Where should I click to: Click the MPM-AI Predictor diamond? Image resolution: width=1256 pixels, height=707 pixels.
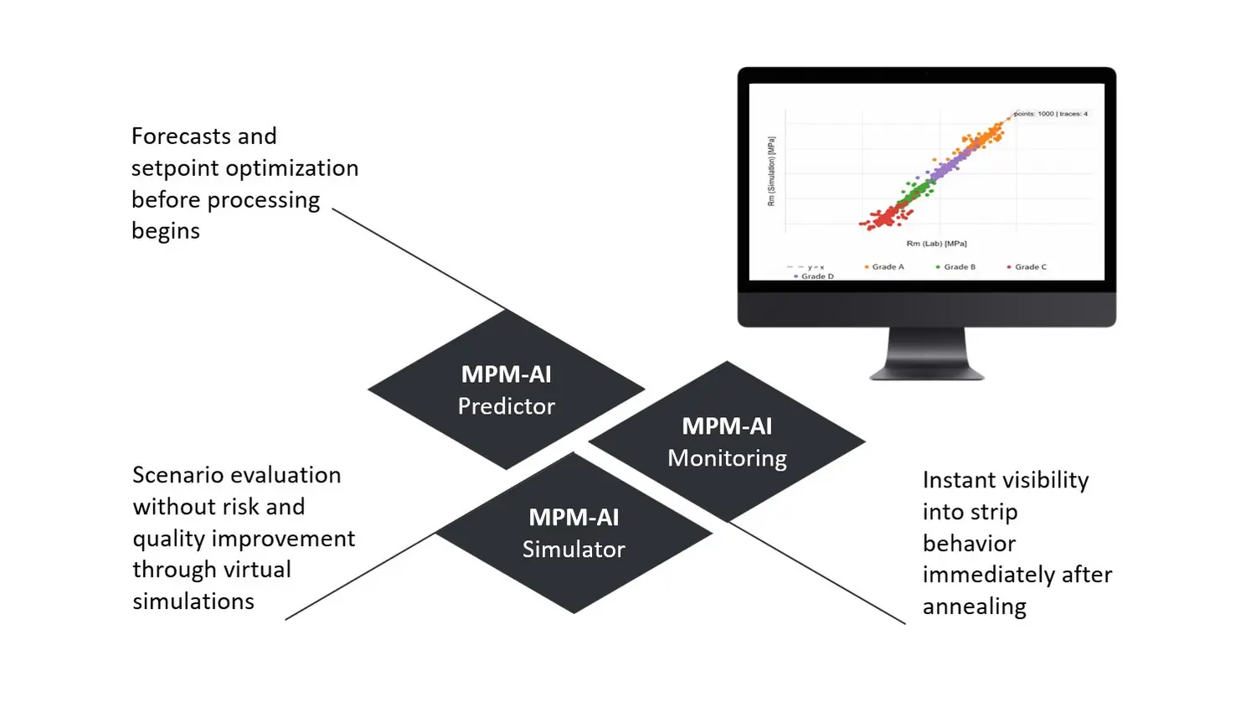click(x=506, y=390)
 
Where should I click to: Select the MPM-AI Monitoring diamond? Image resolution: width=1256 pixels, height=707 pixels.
click(x=727, y=441)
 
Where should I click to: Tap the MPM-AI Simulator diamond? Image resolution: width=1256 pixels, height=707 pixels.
click(x=574, y=534)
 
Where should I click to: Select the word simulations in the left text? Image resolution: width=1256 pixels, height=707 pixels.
click(x=193, y=601)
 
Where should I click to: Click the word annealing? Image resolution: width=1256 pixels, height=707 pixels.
click(x=974, y=606)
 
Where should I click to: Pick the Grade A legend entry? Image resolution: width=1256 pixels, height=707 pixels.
click(x=887, y=267)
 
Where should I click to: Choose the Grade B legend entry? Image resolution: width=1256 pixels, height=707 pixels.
click(x=959, y=267)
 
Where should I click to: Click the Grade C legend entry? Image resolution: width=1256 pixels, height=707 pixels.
click(x=1030, y=267)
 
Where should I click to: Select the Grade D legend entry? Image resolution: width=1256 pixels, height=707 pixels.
click(x=816, y=276)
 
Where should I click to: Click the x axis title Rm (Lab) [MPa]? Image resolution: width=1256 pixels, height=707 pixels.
click(x=936, y=244)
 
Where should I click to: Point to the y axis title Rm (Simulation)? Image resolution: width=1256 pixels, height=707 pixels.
click(x=771, y=171)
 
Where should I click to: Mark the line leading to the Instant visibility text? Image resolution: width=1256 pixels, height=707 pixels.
click(x=816, y=573)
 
